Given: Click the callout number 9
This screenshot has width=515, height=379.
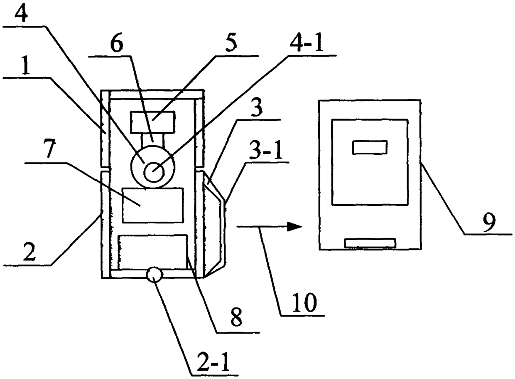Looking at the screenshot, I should pyautogui.click(x=488, y=223).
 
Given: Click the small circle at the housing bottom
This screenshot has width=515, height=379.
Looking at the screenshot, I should pyautogui.click(x=154, y=274).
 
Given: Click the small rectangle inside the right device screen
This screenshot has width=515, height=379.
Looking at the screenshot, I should pyautogui.click(x=370, y=147).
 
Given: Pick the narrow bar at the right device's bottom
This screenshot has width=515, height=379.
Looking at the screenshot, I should pyautogui.click(x=370, y=243).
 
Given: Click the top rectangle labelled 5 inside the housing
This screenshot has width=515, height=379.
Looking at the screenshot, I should pyautogui.click(x=152, y=121).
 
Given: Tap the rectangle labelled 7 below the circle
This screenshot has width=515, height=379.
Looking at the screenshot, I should pyautogui.click(x=152, y=205).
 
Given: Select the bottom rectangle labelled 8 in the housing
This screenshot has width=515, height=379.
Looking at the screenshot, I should pyautogui.click(x=152, y=252).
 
